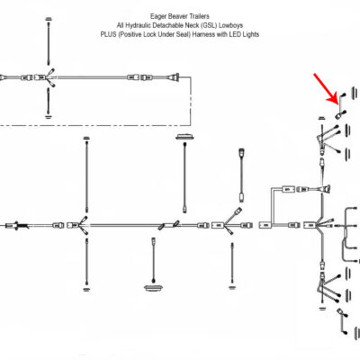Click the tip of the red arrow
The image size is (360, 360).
pyautogui.click(x=337, y=103)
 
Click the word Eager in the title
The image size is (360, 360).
pyautogui.click(x=157, y=16)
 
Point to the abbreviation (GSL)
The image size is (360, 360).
pyautogui.click(x=211, y=25)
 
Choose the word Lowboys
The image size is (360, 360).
pyautogui.click(x=232, y=25)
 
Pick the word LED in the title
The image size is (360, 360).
pyautogui.click(x=235, y=34)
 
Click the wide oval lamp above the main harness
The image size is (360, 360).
pyautogui.click(x=184, y=138)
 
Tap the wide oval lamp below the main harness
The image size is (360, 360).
pyautogui.click(x=154, y=287)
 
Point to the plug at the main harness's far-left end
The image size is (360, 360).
pyautogui.click(x=17, y=225)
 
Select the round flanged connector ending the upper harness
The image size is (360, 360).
pyautogui.click(x=175, y=77)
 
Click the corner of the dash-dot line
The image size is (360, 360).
pyautogui.click(x=190, y=124)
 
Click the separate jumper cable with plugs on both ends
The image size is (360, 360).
pyautogui.click(x=241, y=175)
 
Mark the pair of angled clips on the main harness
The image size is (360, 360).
pyautogui.click(x=169, y=225)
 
